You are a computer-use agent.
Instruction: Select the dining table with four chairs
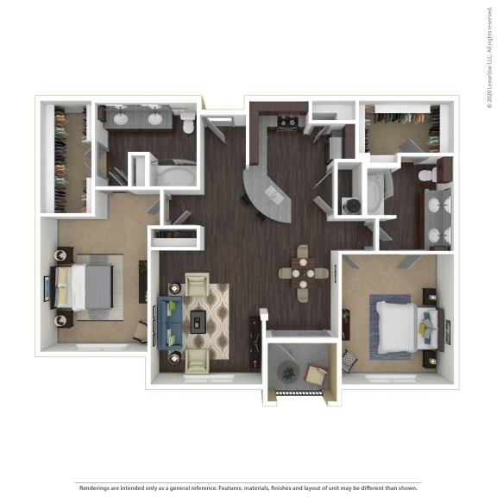tap(302, 274)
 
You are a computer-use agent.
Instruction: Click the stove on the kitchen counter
tap(287, 122)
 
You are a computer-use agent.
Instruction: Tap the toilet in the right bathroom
tap(426, 175)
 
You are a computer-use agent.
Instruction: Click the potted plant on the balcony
tap(286, 372)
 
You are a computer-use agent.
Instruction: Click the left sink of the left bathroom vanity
tap(118, 119)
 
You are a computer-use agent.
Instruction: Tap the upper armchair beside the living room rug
tap(197, 284)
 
